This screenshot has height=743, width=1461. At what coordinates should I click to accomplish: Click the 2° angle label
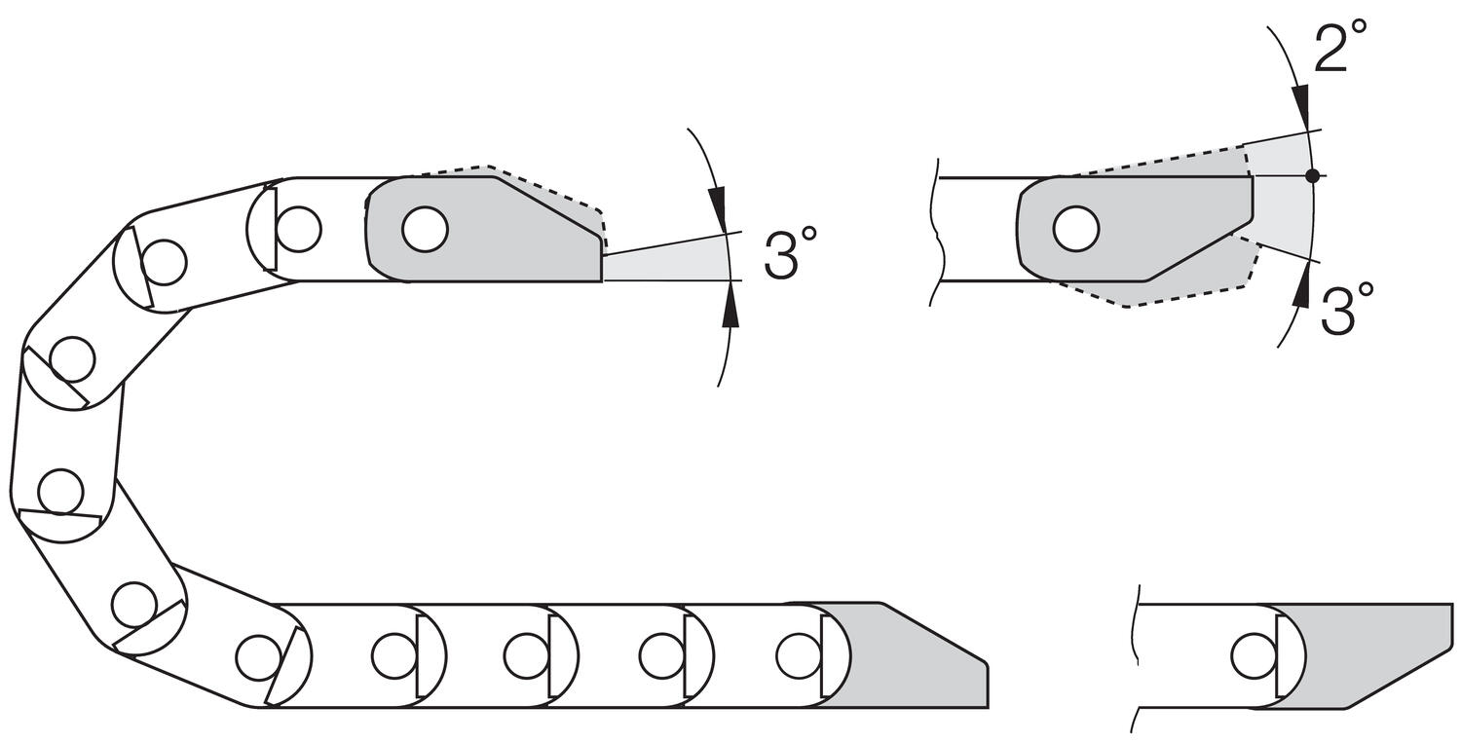coord(1341,48)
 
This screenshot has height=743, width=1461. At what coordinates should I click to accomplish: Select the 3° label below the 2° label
coord(1348,310)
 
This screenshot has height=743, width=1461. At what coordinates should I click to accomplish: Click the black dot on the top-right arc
coord(1312,176)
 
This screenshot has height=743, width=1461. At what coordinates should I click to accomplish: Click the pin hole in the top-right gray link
coord(1076,229)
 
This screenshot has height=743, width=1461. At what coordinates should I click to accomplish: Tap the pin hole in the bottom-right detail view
coord(1254,655)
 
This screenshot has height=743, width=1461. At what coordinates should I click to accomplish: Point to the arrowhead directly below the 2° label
coord(1300,105)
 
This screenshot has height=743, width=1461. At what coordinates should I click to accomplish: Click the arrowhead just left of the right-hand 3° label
coord(1300,288)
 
